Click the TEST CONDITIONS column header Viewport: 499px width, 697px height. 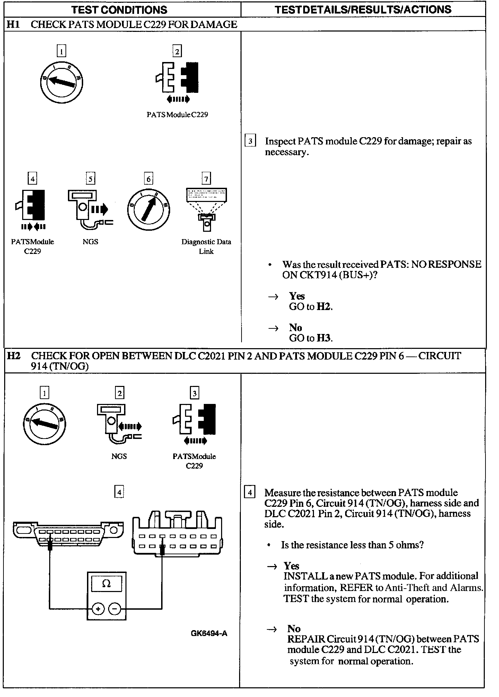(119, 9)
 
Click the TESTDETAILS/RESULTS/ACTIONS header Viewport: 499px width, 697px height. (363, 9)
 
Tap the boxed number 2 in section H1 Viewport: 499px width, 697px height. (177, 52)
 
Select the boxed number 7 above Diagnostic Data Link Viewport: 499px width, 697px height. (206, 179)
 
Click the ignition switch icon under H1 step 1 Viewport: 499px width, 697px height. (61, 82)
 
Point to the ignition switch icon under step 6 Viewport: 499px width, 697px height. (148, 209)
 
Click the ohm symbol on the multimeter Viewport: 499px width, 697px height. (106, 584)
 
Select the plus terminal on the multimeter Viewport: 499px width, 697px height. (98, 609)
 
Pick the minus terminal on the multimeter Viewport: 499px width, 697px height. (115, 609)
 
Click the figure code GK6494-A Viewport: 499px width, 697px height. (209, 634)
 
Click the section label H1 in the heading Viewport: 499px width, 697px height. (13, 24)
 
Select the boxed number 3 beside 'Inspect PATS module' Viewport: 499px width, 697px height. (250, 141)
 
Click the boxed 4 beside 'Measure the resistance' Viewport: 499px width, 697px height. (249, 492)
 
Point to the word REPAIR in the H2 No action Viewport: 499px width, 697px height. (306, 639)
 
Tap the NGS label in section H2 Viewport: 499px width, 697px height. (119, 456)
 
